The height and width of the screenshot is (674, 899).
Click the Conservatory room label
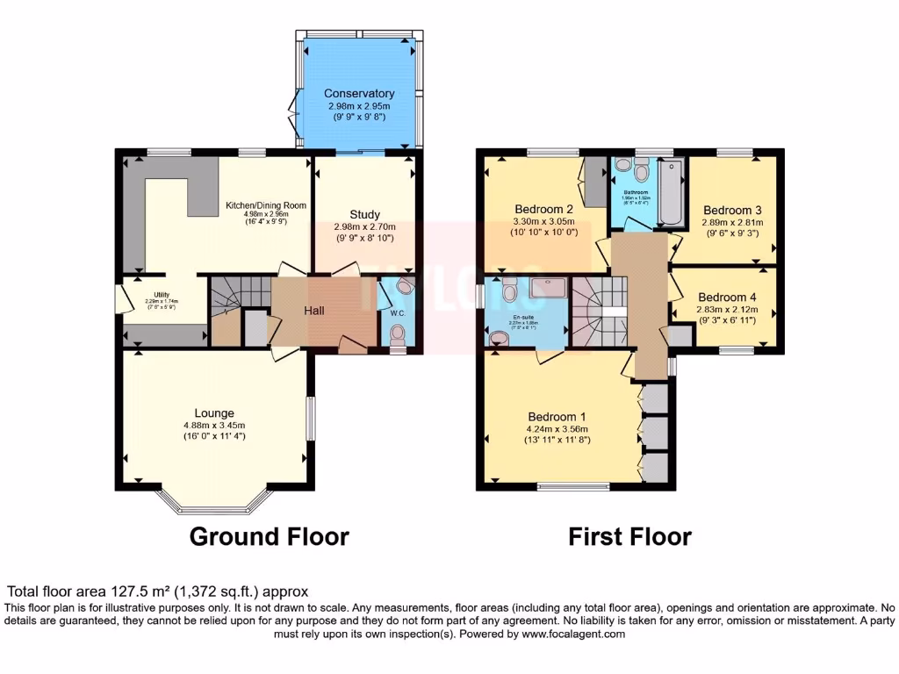pos(359,94)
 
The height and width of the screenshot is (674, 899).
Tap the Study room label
pos(364,214)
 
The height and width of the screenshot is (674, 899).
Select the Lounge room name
pos(214,412)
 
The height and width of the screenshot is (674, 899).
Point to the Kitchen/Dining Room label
pos(266,205)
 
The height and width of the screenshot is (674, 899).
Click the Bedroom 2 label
pos(544,209)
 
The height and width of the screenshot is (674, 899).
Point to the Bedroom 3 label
pos(732,210)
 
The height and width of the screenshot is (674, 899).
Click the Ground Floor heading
pos(270,536)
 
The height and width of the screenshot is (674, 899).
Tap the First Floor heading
pos(629,536)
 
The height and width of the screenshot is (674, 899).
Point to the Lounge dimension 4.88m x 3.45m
pos(214,426)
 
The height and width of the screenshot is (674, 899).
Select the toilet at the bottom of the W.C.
pos(398,334)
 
